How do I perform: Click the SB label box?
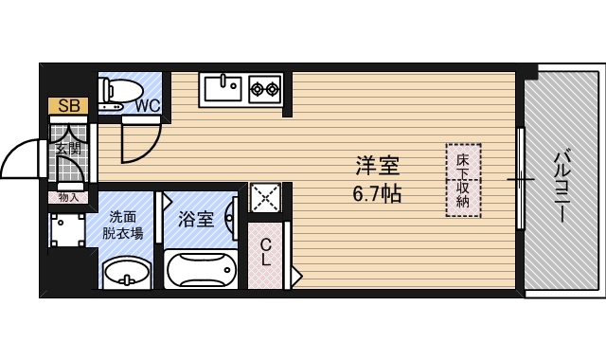[68, 105]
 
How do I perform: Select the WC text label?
[148, 106]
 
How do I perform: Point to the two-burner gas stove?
[265, 89]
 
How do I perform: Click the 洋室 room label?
[377, 166]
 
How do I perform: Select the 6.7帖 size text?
[377, 193]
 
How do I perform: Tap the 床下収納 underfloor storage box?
[463, 180]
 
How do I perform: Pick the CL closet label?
[265, 252]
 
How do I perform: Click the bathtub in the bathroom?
[201, 269]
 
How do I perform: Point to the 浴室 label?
[196, 219]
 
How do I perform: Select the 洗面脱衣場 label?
[122, 225]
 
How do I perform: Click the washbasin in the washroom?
[127, 274]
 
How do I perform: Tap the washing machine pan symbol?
[68, 229]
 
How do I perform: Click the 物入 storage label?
[68, 198]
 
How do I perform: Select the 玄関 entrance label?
[68, 148]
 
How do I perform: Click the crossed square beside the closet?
[265, 197]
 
